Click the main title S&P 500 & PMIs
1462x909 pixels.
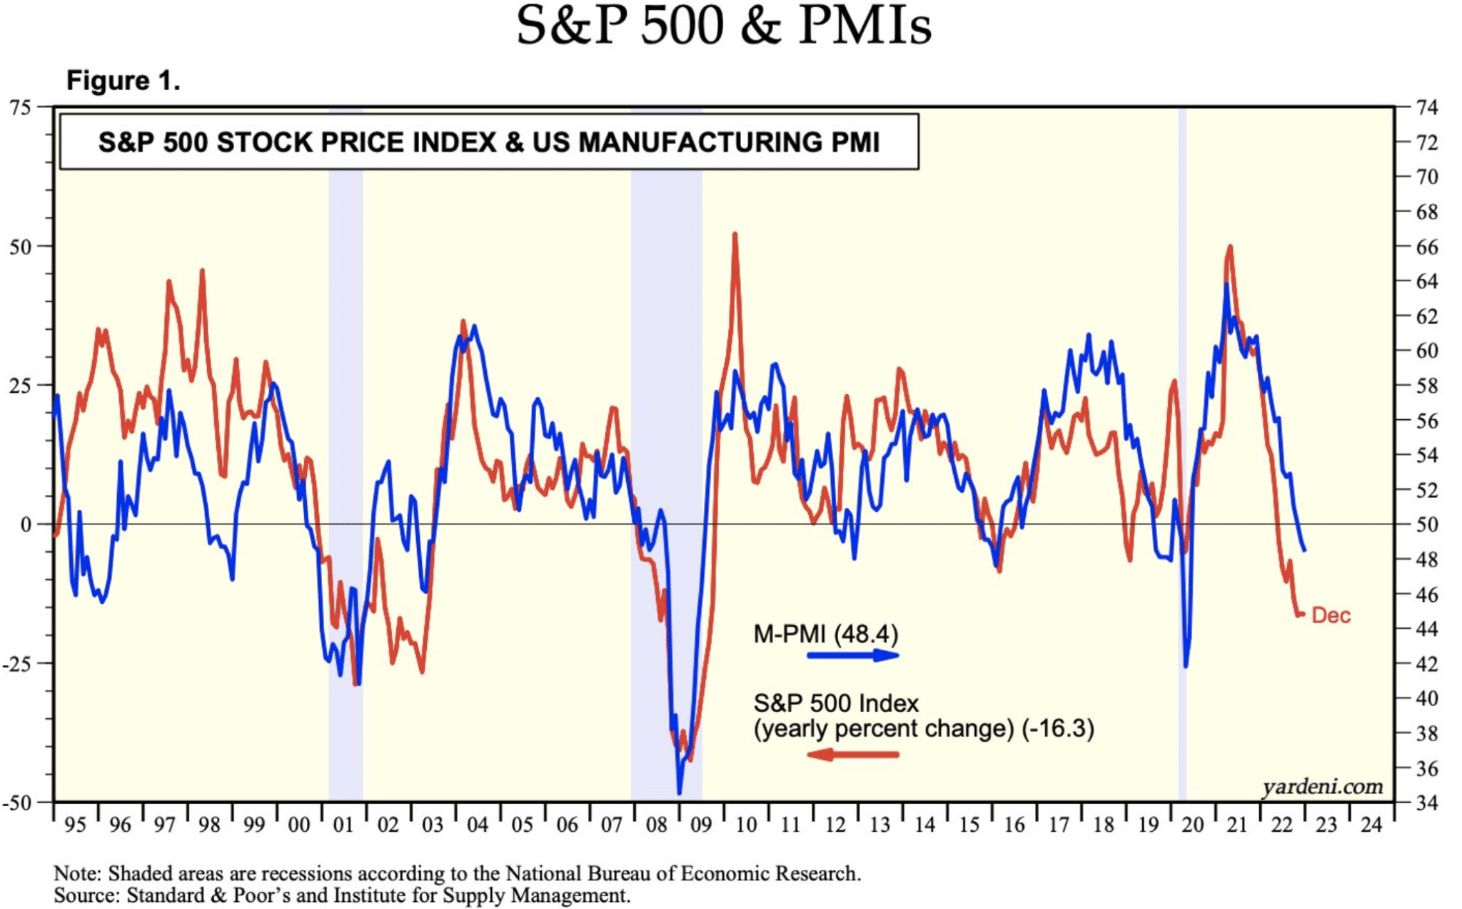click(x=723, y=27)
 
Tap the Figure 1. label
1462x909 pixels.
click(x=123, y=81)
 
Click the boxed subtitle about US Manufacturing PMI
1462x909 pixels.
click(x=489, y=142)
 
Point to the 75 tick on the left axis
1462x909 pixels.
click(x=21, y=108)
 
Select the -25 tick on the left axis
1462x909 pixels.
click(x=18, y=663)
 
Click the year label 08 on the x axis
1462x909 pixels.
click(x=656, y=825)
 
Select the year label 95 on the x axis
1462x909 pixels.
click(x=75, y=825)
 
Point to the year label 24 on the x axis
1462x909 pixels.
click(x=1371, y=825)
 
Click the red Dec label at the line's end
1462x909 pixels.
click(x=1331, y=616)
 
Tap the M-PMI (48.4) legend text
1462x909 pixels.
click(x=825, y=634)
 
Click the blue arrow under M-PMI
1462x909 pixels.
click(x=853, y=655)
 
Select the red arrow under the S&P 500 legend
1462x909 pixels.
click(x=853, y=755)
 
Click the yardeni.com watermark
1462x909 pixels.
click(x=1322, y=787)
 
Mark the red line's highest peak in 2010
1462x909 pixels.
click(x=735, y=234)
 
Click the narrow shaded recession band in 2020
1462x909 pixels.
click(x=1181, y=457)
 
